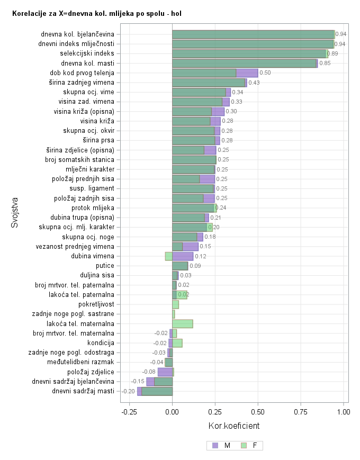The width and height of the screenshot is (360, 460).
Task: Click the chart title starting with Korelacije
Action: (96, 13)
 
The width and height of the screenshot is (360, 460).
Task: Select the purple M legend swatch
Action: (215, 445)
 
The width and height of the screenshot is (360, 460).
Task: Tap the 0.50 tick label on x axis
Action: (258, 411)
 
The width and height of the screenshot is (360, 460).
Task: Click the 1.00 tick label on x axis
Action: (344, 411)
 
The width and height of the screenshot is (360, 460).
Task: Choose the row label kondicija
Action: (100, 343)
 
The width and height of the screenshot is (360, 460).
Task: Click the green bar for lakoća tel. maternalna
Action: (183, 323)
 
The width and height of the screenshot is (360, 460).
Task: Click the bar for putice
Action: (180, 266)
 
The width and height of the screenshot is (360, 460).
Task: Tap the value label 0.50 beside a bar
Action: (265, 73)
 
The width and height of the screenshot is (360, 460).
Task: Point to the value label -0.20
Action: (129, 392)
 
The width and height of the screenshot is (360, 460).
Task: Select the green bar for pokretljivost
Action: (176, 304)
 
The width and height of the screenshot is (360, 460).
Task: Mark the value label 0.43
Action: (254, 83)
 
